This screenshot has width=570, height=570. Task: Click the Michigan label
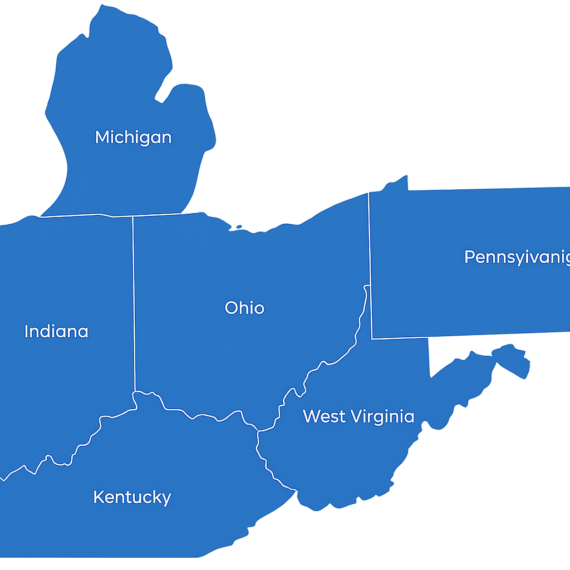[x=133, y=137]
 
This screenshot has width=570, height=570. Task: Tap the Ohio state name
[x=244, y=308]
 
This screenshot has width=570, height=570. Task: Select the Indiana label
[x=56, y=332]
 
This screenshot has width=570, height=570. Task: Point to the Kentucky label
[x=132, y=497]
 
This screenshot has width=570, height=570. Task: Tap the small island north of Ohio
[x=239, y=227]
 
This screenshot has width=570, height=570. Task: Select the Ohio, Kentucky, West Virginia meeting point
[x=258, y=430]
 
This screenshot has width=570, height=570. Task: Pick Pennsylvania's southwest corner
[x=372, y=338]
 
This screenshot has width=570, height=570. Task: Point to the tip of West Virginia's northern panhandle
[x=366, y=286]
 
